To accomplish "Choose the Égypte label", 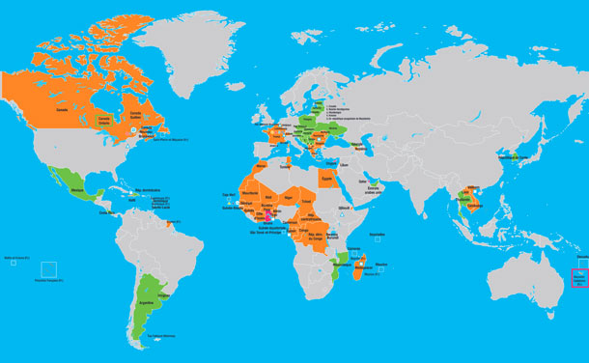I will click(325, 178).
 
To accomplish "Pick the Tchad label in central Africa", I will click(307, 200).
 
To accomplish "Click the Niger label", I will click(287, 197).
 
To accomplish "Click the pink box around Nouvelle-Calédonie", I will click(579, 277).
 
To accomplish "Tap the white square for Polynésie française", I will click(49, 269).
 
